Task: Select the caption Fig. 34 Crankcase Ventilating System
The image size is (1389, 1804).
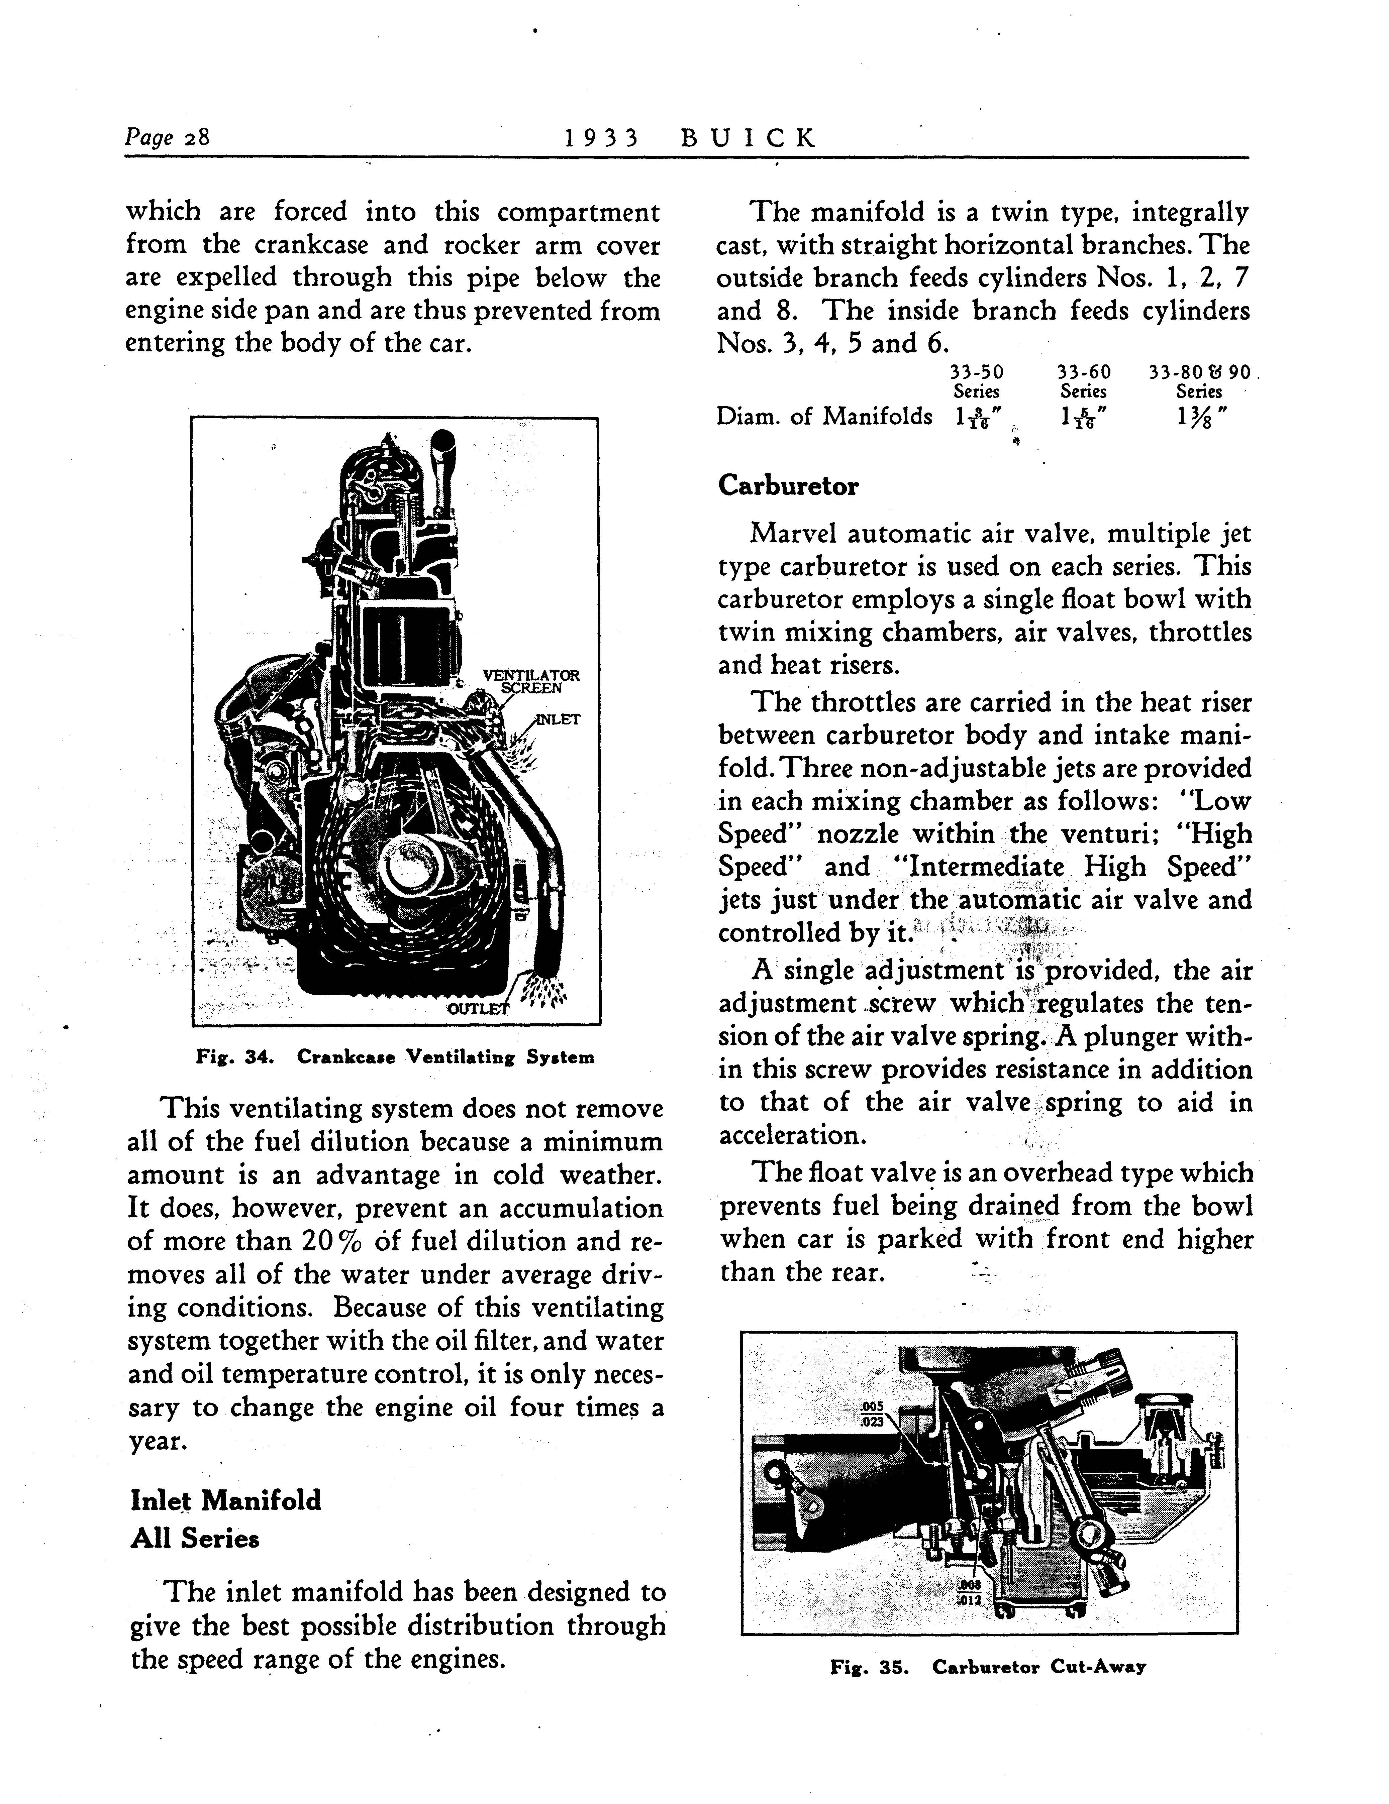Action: click(x=394, y=1057)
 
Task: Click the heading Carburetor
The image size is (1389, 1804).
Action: click(x=787, y=486)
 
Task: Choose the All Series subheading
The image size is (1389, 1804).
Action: click(x=195, y=1538)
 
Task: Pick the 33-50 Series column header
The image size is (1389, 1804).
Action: click(x=977, y=381)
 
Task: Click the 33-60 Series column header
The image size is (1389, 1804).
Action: click(x=1083, y=381)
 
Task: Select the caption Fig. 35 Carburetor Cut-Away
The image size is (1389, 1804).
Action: click(x=988, y=1667)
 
